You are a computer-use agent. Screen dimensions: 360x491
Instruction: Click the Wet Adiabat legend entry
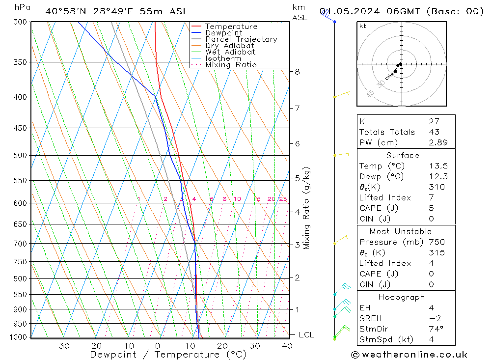click(230, 52)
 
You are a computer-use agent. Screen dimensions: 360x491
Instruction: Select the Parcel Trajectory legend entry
click(241, 39)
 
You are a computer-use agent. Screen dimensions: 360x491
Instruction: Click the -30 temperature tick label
click(60, 346)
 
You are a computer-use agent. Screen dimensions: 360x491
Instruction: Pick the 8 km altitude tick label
click(297, 72)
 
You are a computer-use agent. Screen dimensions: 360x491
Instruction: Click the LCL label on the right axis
click(306, 335)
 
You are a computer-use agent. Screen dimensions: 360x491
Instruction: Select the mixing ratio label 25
click(283, 199)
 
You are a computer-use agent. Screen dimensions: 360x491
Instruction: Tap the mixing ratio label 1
click(139, 199)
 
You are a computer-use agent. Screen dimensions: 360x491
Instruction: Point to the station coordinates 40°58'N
click(62, 11)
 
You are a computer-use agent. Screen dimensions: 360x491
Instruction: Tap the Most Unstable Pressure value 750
click(436, 242)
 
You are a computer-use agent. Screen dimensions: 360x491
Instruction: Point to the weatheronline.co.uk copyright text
click(409, 355)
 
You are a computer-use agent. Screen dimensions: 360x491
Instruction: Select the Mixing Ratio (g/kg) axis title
click(307, 208)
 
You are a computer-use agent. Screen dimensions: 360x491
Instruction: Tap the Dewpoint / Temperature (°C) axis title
click(168, 355)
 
